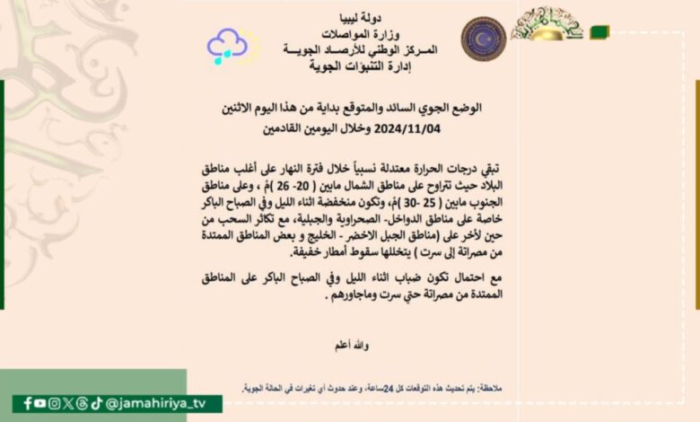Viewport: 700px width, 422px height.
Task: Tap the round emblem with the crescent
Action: [484, 39]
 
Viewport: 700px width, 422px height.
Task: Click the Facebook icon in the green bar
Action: [28, 403]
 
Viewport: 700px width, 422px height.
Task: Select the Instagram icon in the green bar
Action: [55, 403]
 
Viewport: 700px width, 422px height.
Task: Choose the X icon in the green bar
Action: [68, 403]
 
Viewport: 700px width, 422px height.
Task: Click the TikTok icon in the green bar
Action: [96, 403]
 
